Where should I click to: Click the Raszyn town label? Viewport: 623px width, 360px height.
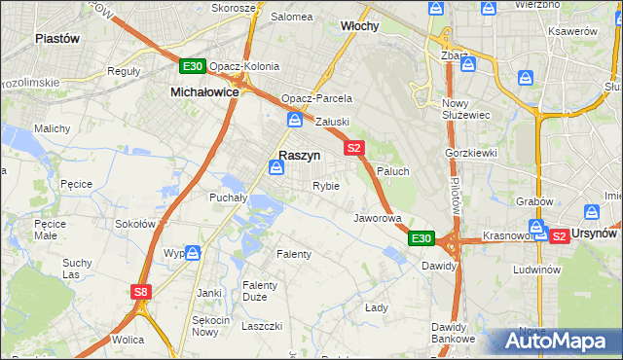click(300, 155)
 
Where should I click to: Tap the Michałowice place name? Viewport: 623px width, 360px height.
click(204, 90)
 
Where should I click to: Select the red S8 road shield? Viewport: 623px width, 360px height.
click(142, 291)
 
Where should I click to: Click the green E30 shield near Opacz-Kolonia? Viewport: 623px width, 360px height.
click(192, 66)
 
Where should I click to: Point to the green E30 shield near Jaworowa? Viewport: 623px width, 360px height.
click(421, 238)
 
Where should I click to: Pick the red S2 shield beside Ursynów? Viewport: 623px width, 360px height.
click(559, 235)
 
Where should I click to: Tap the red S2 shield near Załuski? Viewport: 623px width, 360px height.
click(353, 148)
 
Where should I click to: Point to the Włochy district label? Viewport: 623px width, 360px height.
click(359, 26)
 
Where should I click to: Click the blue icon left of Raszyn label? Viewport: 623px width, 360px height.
click(277, 169)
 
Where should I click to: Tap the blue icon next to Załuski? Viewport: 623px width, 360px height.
click(294, 121)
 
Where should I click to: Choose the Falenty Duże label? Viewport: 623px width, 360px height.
click(261, 291)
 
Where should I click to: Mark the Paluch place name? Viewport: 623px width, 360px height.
click(392, 170)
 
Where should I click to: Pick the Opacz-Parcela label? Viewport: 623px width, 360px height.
click(316, 98)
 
